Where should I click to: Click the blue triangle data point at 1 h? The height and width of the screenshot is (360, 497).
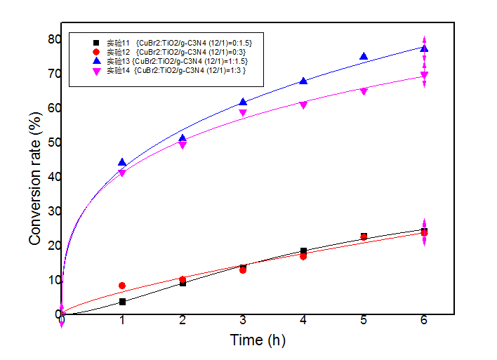click(x=122, y=162)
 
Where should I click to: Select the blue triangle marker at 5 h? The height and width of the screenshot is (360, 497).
click(x=364, y=57)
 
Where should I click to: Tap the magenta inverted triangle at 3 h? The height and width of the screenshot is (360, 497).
click(x=243, y=113)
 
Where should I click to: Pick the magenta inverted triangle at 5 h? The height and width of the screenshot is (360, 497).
click(x=364, y=91)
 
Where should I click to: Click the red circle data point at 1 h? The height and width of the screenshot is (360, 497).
click(x=122, y=286)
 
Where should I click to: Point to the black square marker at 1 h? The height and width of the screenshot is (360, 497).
click(x=122, y=302)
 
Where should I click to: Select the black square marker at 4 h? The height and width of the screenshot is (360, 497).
click(x=303, y=251)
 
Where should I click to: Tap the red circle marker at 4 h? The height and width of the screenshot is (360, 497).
click(x=303, y=256)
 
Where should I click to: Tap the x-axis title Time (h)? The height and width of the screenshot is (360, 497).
click(x=258, y=341)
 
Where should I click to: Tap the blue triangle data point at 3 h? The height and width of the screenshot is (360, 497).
click(x=243, y=102)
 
